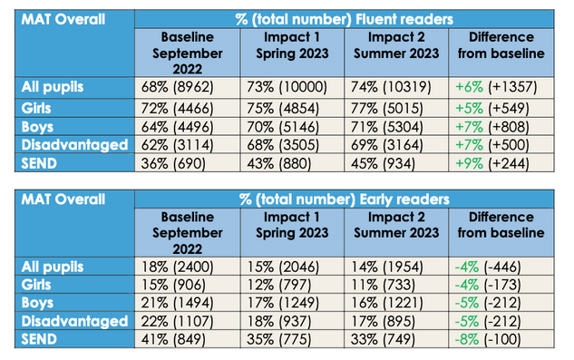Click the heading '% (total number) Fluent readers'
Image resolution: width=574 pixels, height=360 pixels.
tap(344, 19)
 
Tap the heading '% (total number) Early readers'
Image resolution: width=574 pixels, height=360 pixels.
tap(344, 199)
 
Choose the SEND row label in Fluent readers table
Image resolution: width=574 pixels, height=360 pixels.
tap(39, 163)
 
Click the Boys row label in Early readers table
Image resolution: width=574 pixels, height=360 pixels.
tap(37, 303)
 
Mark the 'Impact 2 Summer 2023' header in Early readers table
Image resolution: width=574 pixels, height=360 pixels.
tap(396, 225)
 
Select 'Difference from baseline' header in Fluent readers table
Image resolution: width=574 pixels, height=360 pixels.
tap(501, 45)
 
